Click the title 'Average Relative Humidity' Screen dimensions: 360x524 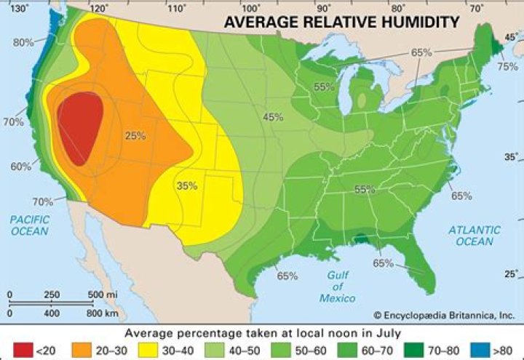[x=341, y=23]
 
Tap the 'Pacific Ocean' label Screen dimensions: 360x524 [x=29, y=225]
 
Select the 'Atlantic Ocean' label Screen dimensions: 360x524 [x=474, y=235]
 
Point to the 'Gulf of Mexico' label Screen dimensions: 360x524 [x=337, y=286]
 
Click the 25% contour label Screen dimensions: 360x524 [x=135, y=136]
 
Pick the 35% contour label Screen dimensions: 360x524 [x=187, y=185]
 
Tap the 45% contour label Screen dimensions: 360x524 [x=273, y=117]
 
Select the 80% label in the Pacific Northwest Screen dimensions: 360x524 [x=23, y=42]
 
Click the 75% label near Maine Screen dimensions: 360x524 [x=507, y=66]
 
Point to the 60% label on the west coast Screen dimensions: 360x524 [x=21, y=167]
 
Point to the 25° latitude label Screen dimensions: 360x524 [x=512, y=273]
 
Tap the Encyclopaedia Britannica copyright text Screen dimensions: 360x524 [x=444, y=316]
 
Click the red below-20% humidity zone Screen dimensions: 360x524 [x=81, y=128]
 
